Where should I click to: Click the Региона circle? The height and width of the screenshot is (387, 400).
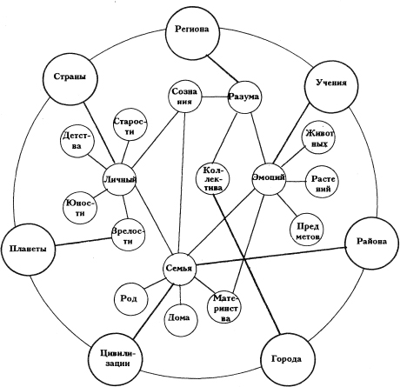[x=192, y=35]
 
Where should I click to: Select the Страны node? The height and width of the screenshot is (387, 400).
[x=70, y=78]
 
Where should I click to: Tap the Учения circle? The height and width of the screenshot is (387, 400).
[x=331, y=86]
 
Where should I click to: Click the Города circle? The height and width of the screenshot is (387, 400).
[x=288, y=359]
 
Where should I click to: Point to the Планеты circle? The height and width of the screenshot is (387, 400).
[x=28, y=249]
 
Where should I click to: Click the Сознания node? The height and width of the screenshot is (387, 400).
[x=184, y=97]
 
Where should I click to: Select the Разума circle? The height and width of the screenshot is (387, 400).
[x=244, y=97]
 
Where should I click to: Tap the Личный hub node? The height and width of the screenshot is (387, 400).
[x=120, y=180]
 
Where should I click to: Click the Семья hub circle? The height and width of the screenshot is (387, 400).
[x=179, y=269]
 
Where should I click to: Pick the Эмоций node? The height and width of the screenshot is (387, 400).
[x=269, y=178]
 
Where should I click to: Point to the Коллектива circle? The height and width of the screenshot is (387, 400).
[x=212, y=179]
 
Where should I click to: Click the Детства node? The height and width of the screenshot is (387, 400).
[x=77, y=141]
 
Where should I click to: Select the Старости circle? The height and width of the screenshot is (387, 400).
[x=130, y=124]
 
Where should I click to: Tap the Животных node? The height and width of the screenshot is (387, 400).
[x=318, y=137]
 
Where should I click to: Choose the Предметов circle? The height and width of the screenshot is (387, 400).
[x=306, y=230]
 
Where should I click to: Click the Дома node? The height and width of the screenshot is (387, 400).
[x=181, y=320]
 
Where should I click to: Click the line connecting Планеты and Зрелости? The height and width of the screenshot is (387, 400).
[x=83, y=242]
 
